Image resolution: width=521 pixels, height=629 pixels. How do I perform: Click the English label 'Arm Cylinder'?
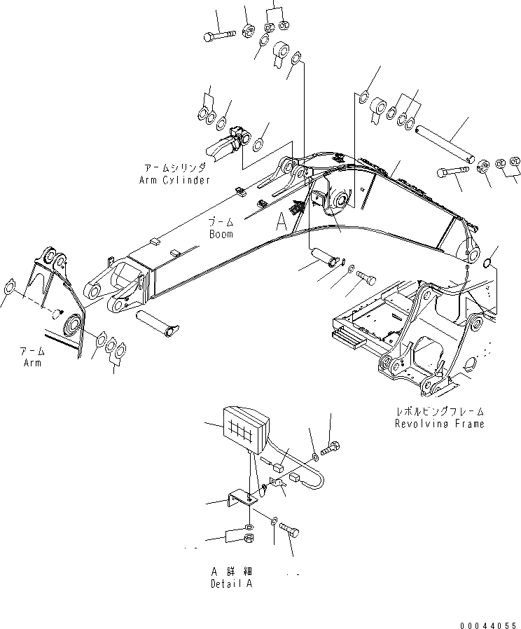(x=174, y=180)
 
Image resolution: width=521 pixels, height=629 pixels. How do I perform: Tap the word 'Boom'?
(x=221, y=234)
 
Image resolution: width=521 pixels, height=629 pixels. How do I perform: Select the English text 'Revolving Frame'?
(x=439, y=424)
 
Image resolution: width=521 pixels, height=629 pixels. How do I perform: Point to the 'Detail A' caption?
(x=231, y=583)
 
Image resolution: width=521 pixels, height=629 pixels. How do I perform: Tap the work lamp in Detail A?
(x=246, y=431)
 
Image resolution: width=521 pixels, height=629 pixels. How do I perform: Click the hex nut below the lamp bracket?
(x=249, y=538)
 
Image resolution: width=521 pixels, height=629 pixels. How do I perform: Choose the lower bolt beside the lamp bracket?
(x=291, y=532)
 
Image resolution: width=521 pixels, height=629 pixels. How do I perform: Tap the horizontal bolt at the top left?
(x=219, y=35)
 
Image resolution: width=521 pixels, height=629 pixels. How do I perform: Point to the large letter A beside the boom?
(x=280, y=222)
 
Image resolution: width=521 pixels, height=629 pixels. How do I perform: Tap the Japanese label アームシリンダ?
(x=174, y=169)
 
